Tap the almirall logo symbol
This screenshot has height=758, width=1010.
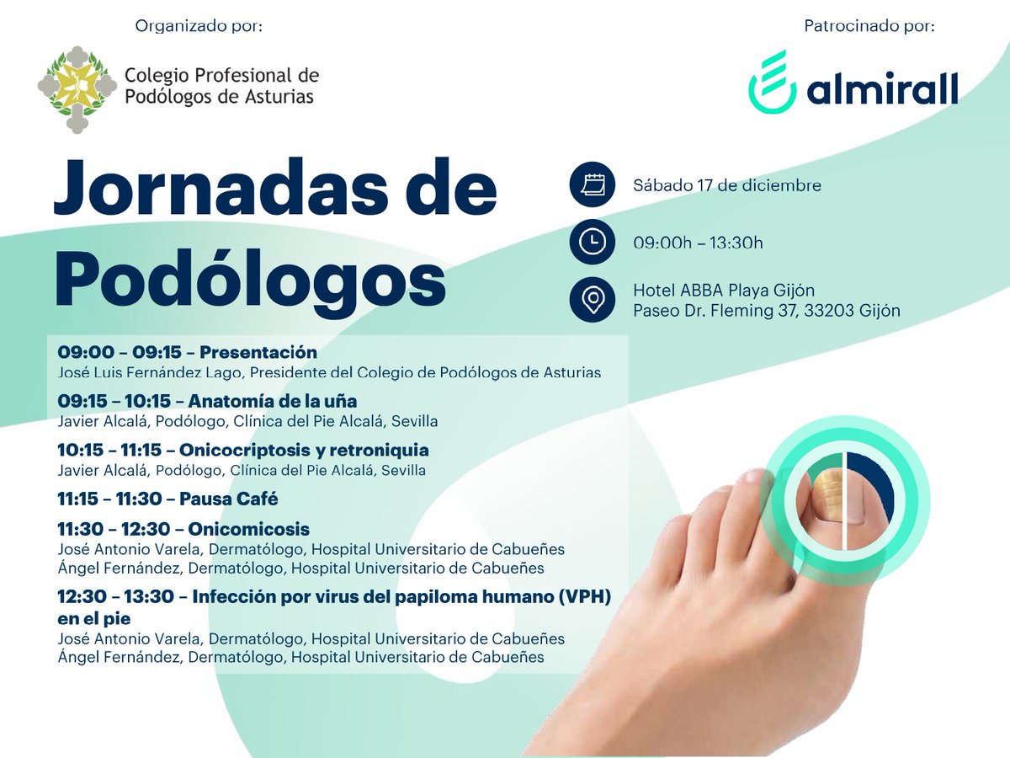point(771,81)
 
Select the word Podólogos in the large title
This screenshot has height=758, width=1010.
point(250,279)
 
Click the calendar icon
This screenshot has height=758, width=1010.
point(593,185)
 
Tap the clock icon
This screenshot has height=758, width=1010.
point(593,243)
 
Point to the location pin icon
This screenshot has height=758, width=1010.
point(593,300)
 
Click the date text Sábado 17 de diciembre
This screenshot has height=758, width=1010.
point(727,185)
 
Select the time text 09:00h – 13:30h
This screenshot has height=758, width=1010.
point(698,243)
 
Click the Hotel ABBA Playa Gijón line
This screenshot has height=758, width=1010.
point(724,291)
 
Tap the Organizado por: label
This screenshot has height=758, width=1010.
point(199,26)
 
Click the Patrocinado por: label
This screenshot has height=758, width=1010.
point(869,26)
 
